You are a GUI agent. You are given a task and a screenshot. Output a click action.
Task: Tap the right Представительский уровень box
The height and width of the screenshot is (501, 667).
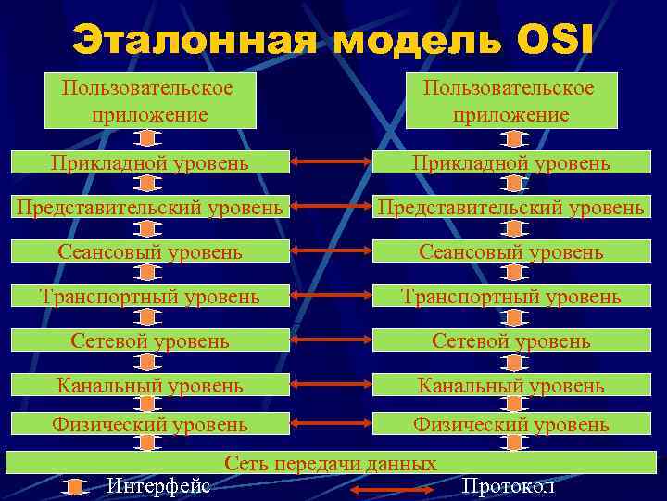511,207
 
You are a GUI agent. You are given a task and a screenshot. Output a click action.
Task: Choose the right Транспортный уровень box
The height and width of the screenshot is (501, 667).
511,296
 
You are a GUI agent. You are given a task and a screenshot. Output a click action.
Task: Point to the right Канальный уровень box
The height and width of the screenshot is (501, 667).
511,384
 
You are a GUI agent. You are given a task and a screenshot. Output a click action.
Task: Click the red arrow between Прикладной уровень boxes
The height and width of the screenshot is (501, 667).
331,163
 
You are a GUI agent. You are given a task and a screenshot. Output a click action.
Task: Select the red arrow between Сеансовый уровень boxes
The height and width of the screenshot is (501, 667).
331,251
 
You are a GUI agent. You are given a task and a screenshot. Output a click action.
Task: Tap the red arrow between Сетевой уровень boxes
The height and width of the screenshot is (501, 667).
331,340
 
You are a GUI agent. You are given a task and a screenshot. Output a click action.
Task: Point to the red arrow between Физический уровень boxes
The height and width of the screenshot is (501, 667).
331,425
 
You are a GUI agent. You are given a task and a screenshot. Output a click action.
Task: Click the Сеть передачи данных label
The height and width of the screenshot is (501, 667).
331,463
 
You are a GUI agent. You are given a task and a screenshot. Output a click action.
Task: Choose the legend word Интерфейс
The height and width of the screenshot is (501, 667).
158,486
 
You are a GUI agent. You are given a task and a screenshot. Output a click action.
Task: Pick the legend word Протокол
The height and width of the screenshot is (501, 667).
508,486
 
